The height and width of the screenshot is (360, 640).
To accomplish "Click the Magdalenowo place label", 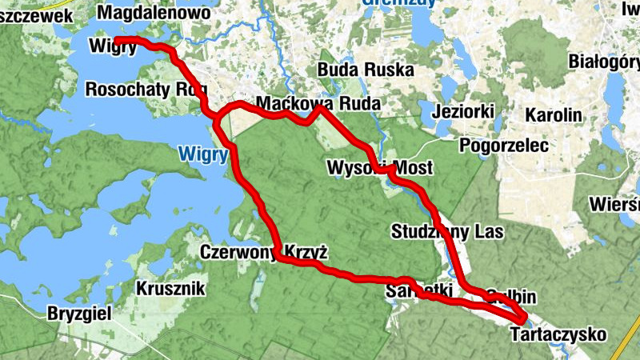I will [x=153, y=13].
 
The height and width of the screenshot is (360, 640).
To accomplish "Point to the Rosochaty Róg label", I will [x=140, y=89].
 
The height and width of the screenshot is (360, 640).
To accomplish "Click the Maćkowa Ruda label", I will [x=317, y=103].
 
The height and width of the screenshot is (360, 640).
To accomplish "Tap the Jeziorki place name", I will [x=462, y=111].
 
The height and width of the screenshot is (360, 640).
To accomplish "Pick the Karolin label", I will [x=553, y=114].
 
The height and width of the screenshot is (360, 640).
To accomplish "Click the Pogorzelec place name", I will [x=503, y=145].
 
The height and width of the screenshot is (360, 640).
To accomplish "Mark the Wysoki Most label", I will [x=380, y=168].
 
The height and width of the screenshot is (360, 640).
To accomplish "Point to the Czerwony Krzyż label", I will [x=264, y=253].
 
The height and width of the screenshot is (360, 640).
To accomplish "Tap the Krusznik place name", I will [x=171, y=288].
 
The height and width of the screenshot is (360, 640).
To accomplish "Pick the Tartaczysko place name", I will [x=558, y=334].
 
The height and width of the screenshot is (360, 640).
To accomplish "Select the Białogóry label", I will [x=603, y=61].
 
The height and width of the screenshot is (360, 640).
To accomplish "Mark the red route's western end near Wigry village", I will [x=117, y=39].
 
